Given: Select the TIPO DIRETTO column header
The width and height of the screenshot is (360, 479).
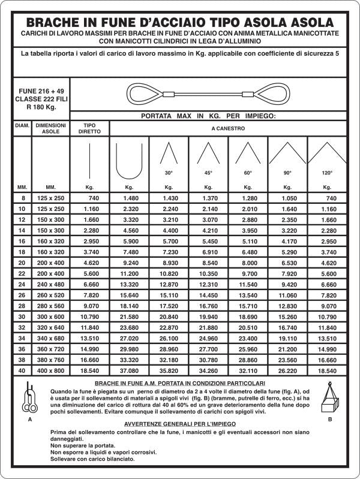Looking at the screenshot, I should [x=90, y=128].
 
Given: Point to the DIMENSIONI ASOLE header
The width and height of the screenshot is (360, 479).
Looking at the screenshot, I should [x=50, y=128].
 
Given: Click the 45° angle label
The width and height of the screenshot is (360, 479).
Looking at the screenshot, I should [x=208, y=173].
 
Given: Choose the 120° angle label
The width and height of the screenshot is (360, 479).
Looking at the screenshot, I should [x=327, y=173].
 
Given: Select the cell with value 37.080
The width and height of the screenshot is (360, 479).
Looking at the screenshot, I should [x=129, y=370].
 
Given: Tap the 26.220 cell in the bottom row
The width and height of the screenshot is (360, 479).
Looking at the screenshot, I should [x=287, y=370].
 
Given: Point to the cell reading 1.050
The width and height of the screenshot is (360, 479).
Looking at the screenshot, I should [x=287, y=198].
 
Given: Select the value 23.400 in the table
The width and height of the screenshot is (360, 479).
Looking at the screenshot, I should [x=248, y=338].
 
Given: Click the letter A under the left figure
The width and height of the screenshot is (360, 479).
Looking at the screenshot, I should [x=30, y=420].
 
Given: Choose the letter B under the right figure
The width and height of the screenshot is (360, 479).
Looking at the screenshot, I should [x=330, y=420].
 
